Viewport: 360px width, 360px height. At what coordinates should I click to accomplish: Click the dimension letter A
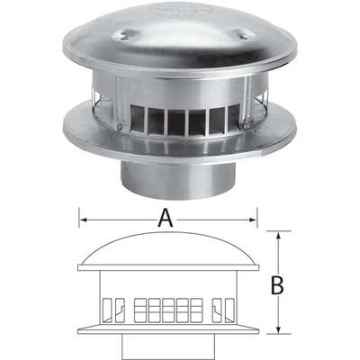click(x=166, y=216)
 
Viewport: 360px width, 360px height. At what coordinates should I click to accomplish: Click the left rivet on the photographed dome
click(x=122, y=38)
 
